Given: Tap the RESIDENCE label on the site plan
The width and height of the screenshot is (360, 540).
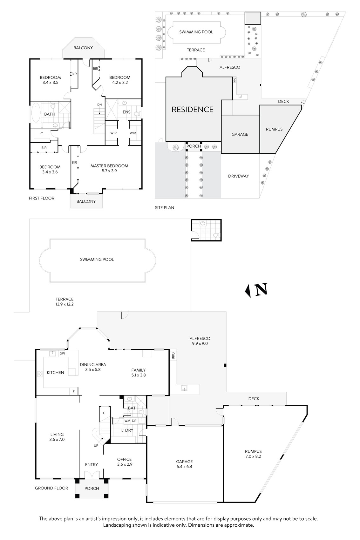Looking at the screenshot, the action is click(193, 110).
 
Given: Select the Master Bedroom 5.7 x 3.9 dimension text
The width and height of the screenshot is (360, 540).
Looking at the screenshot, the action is click(109, 171).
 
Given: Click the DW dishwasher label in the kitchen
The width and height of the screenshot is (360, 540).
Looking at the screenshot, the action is click(62, 354).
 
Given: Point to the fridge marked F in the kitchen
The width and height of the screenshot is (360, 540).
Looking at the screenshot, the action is click(74, 391).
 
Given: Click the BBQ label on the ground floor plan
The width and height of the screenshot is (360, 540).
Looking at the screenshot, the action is click(173, 356).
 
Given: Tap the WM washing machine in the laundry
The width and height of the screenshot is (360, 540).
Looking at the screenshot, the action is click(127, 421).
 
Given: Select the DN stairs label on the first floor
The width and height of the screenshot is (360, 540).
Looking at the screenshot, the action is click(99, 105).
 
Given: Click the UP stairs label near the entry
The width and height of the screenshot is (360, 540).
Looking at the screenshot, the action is click(96, 445).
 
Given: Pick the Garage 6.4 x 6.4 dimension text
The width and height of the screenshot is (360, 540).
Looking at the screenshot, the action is click(184, 467).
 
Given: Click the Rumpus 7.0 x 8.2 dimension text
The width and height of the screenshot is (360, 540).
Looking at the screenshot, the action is click(253, 456).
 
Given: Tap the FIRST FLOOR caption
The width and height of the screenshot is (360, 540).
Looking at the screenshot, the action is click(42, 198).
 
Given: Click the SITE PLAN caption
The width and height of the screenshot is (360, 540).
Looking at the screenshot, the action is click(165, 207).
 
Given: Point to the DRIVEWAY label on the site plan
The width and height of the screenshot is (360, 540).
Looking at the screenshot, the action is click(239, 176).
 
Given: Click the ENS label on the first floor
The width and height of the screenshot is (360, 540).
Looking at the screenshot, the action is click(126, 112).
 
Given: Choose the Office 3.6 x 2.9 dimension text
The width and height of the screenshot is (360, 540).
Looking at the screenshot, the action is click(125, 464).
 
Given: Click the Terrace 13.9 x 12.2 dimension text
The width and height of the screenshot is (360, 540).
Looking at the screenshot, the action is click(65, 304).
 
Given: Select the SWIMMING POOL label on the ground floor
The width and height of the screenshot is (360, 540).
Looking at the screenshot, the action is click(97, 260).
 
